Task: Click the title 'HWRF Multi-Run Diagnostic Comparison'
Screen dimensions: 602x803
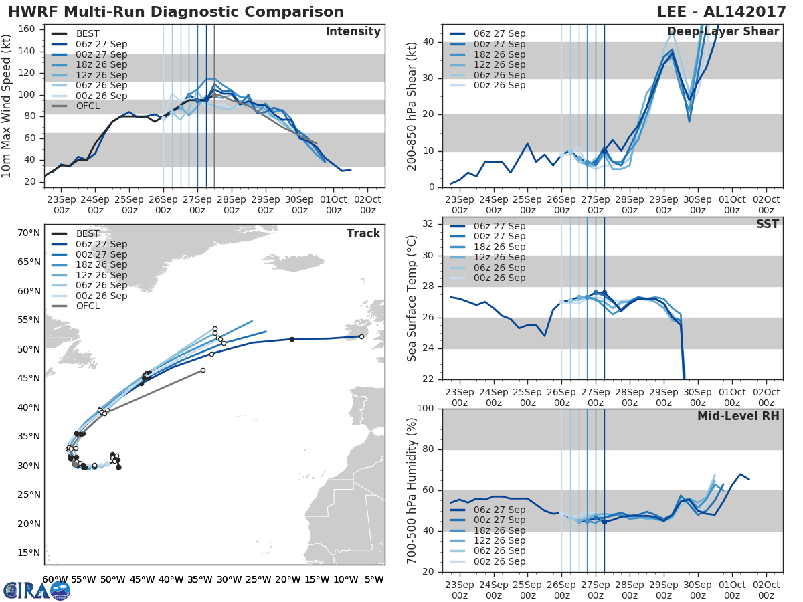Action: pyautogui.click(x=176, y=12)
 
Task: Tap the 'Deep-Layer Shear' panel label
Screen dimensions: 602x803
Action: pyautogui.click(x=723, y=32)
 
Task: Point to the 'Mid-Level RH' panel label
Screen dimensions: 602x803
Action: pyautogui.click(x=738, y=416)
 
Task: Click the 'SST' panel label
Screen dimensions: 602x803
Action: pyautogui.click(x=768, y=224)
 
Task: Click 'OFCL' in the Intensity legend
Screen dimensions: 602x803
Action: pyautogui.click(x=88, y=106)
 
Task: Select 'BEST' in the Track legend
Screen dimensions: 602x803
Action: pyautogui.click(x=88, y=234)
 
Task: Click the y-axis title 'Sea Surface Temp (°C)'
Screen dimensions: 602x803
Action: pyautogui.click(x=412, y=298)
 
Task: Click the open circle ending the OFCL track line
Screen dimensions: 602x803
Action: pyautogui.click(x=203, y=370)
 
